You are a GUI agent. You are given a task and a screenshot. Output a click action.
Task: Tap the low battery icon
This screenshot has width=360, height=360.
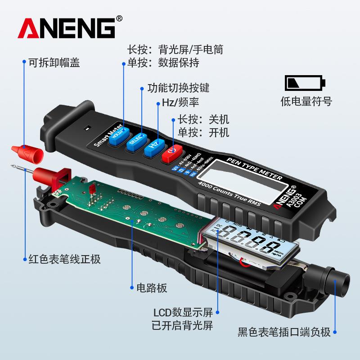coord(305,83)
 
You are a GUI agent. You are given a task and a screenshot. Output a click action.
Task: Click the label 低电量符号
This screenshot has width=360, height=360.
coord(306,102)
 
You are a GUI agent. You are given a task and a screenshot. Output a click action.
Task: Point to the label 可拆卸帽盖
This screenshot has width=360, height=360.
coord(54,63)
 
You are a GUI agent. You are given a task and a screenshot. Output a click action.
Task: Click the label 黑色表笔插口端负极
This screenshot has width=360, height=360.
coord(284,333)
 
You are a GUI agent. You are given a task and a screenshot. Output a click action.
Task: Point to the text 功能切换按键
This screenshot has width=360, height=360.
coord(178,87)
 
